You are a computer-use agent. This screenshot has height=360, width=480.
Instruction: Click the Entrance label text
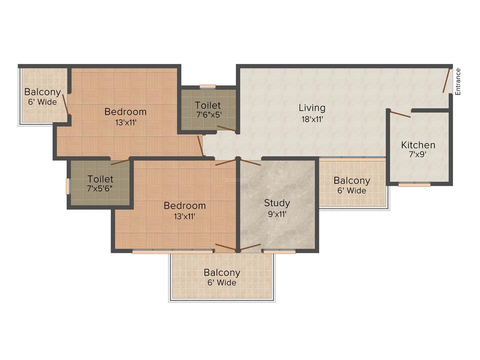coord(458,82)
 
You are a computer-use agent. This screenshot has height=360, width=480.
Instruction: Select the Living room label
coord(312,108)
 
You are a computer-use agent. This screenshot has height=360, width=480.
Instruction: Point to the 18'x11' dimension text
coord(312,119)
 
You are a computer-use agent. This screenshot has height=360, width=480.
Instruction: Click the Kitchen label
coord(418,145)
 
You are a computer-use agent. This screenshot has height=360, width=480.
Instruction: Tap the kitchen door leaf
coord(400,114)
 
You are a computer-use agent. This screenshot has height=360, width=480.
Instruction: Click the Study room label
coord(277,203)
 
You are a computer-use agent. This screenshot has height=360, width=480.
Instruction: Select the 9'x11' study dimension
coord(277,214)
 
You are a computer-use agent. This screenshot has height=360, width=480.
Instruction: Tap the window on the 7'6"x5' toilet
coord(208,86)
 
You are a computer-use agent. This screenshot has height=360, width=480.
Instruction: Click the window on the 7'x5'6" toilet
coord(68,186)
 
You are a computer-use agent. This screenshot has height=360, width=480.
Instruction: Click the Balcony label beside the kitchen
coord(352,180)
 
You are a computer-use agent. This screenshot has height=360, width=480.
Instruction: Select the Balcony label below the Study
coord(222,273)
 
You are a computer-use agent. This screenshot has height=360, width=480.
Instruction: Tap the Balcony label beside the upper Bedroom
coord(42,92)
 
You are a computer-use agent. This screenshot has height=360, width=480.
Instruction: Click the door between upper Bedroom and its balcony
coord(65,104)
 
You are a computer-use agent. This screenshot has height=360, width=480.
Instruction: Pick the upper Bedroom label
coord(125,112)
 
